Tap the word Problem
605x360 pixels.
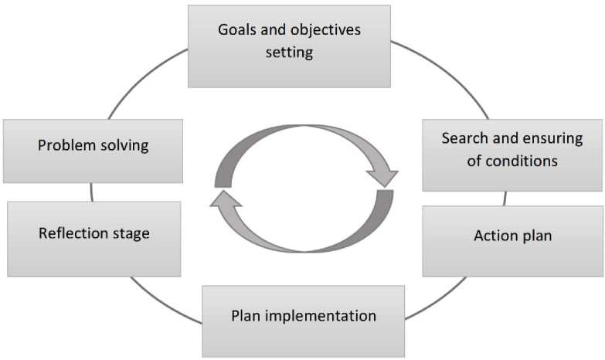tap(66, 145)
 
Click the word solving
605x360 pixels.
tap(124, 146)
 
